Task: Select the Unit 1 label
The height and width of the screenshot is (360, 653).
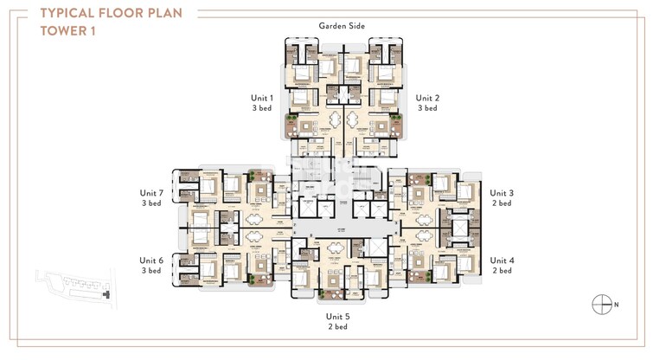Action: tap(261, 98)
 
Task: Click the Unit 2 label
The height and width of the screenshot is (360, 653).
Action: tap(427, 98)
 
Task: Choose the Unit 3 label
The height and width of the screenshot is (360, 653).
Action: tap(502, 193)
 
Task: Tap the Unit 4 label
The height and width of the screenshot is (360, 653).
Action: tap(502, 260)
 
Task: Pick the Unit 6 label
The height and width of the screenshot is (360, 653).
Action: tap(151, 260)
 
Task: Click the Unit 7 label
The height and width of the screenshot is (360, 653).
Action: tap(151, 193)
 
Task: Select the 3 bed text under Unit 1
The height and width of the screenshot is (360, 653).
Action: tap(261, 108)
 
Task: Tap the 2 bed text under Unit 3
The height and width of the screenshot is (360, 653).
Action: tap(502, 203)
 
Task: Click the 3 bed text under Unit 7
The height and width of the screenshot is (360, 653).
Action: tap(151, 203)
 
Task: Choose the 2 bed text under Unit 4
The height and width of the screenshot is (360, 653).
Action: tap(502, 271)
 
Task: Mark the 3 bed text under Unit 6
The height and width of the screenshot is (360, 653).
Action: tap(151, 271)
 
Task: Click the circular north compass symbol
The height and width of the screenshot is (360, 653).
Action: tap(601, 305)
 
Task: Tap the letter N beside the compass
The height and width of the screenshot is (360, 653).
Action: tap(618, 305)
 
